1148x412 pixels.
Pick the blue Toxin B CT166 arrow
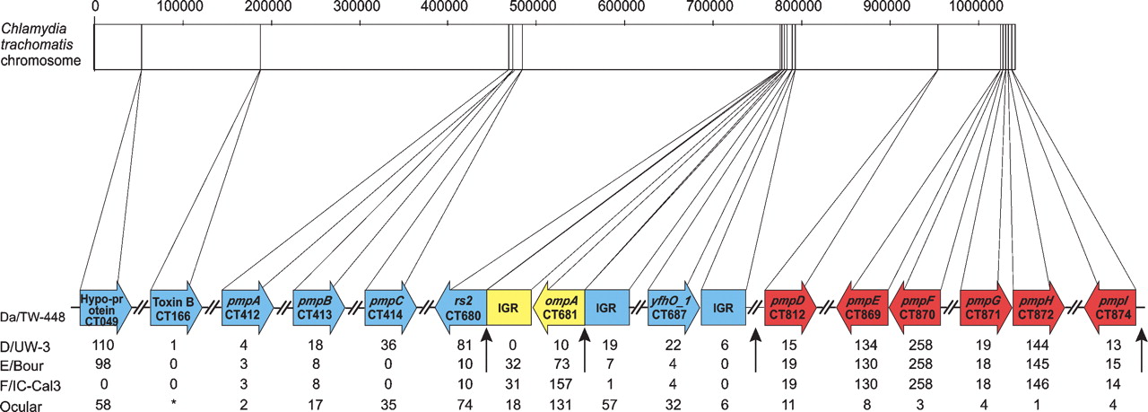coord(172,307)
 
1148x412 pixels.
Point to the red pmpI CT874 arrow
coord(1110,307)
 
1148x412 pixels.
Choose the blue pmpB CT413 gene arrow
coord(316,307)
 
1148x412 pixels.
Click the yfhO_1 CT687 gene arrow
coord(673,307)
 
